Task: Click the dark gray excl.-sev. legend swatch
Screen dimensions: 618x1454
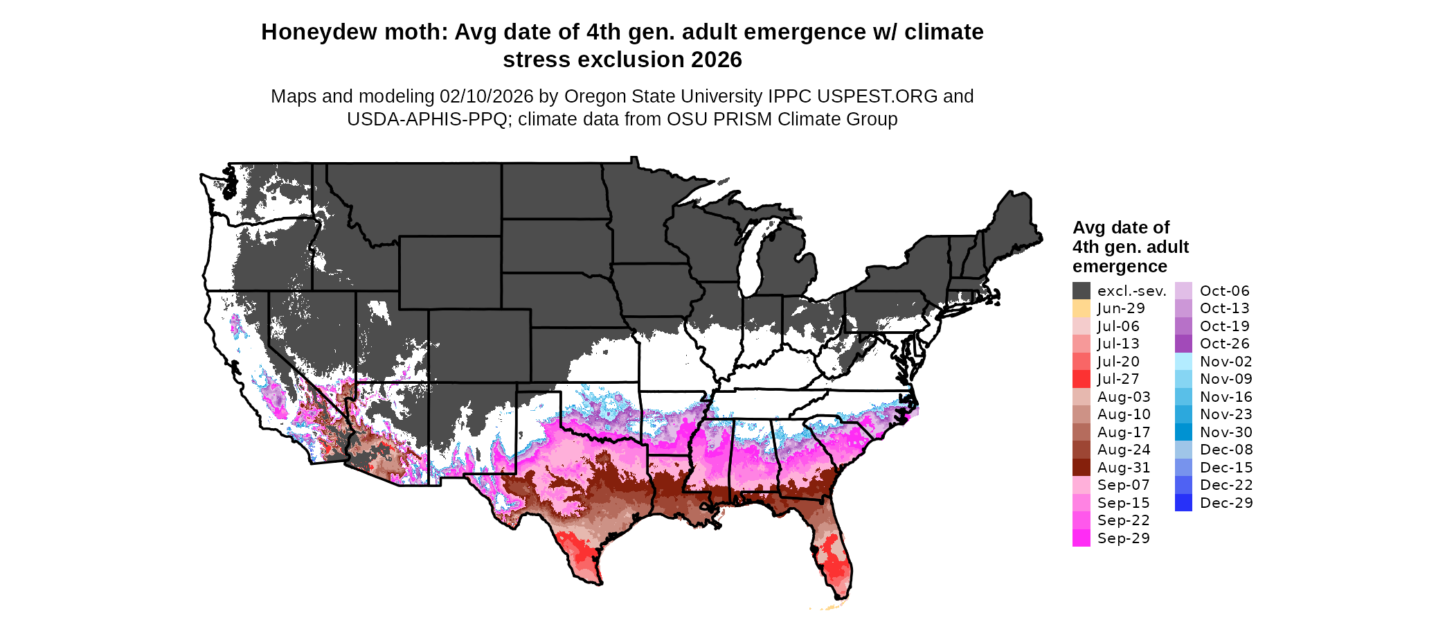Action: pos(1081,291)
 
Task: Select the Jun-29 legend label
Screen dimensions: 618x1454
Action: pos(1121,308)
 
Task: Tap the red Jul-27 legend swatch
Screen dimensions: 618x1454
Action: pos(1081,379)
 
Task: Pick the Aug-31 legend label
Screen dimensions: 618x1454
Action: pos(1124,468)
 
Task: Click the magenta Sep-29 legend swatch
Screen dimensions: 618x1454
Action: pos(1081,538)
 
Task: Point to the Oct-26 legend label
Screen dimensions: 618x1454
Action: pos(1224,344)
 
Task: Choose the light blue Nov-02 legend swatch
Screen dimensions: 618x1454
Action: pos(1183,362)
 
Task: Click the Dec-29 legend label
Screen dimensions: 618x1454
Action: pos(1226,503)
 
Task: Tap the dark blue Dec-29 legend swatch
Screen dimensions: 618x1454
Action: pos(1183,503)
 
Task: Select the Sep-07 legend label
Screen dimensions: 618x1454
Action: pos(1123,485)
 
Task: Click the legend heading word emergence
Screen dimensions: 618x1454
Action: pos(1120,267)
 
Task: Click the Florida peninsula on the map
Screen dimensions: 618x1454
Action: pos(836,554)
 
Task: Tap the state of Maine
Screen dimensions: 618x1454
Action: pos(1014,222)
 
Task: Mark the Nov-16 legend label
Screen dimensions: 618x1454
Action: pos(1226,397)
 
